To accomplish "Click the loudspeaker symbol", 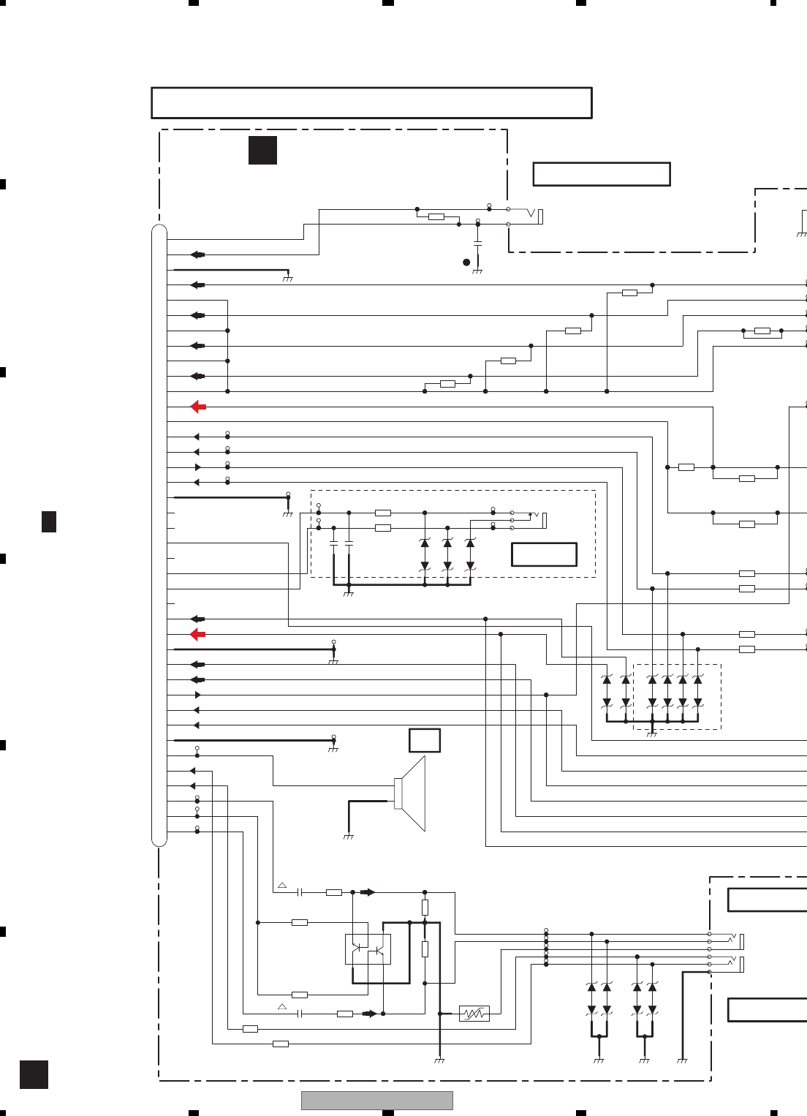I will (411, 793).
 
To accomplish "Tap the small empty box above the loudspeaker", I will (425, 740).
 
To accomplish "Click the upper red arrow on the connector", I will (198, 407).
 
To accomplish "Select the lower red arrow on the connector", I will (198, 635).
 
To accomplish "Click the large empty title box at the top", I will (371, 103).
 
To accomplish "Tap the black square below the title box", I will (262, 150).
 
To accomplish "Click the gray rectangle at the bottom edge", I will (376, 1101).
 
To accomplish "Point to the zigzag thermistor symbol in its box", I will (474, 1014).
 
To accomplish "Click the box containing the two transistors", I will (368, 949).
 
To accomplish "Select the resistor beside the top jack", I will (436, 216).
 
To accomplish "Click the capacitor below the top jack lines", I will (478, 242).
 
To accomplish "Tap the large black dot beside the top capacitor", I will (466, 262).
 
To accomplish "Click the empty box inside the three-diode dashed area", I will (544, 554).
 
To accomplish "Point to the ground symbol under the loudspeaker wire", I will (349, 836).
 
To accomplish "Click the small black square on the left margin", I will (49, 521).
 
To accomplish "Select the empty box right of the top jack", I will (602, 174).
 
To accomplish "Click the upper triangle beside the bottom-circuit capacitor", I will (282, 886).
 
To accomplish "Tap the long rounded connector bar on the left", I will (159, 535).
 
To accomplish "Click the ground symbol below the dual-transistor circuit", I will (439, 1060).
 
